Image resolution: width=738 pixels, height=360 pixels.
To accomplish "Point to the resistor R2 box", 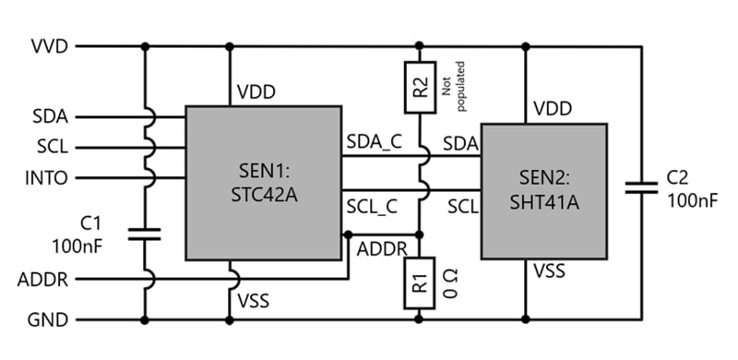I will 420,88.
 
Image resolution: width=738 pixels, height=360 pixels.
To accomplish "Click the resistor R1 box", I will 420,282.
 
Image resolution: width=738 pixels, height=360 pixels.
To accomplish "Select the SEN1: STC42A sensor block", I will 263,182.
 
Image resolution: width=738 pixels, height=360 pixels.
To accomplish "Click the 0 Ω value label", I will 451,282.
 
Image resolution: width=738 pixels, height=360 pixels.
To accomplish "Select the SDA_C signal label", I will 374,142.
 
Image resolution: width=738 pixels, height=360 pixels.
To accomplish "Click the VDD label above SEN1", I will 257,92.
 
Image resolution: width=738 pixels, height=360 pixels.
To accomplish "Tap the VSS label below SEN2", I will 550,271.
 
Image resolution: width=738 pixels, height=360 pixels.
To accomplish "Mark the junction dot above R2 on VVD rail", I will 420,45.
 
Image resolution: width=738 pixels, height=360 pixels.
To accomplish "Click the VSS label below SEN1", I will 256,299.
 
